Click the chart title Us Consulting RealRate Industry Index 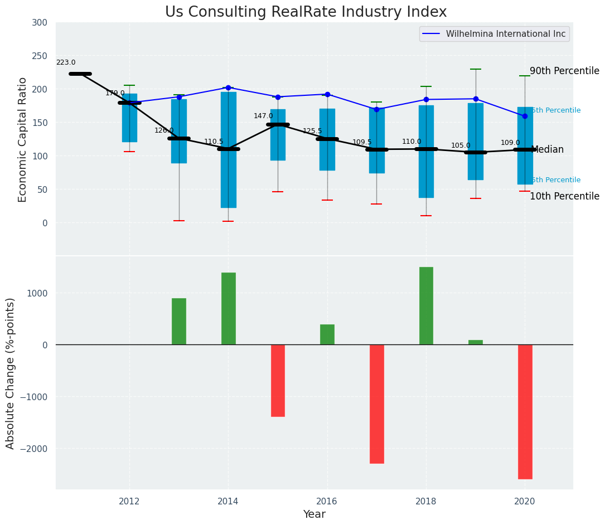(x=306, y=12)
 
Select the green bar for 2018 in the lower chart (x=426, y=306)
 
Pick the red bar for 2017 (x=377, y=404)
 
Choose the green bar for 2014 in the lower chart (x=228, y=308)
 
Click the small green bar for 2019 (x=476, y=342)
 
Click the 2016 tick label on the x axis (x=327, y=501)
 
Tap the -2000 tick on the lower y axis (x=36, y=449)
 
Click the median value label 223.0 (x=66, y=63)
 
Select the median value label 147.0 (x=263, y=116)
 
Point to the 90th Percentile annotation (x=564, y=71)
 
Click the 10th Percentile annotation (x=564, y=197)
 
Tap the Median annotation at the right (x=547, y=150)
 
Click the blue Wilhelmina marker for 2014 (x=228, y=87)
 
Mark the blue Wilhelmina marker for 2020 (x=525, y=116)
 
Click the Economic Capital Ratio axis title (x=23, y=139)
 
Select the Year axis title (x=314, y=514)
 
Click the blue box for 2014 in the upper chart (x=228, y=178)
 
